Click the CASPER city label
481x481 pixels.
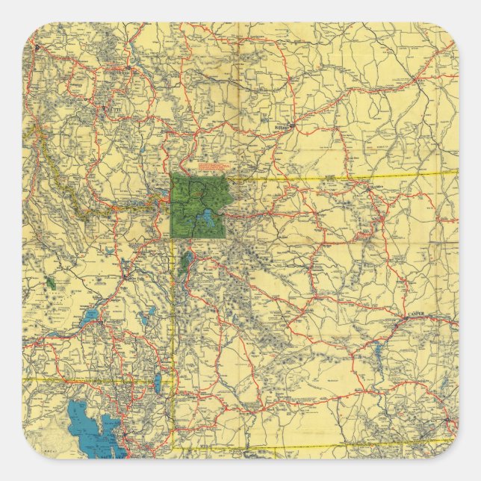tap(421, 314)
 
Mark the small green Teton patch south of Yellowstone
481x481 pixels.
tap(184, 263)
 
